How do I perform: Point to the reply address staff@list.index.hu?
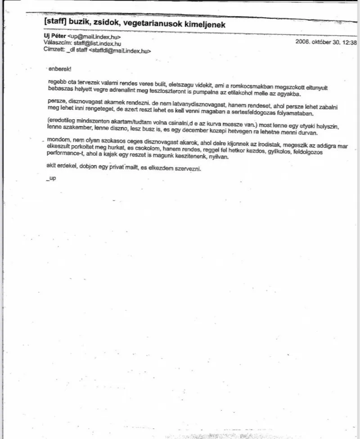98,44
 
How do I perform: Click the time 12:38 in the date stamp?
349,42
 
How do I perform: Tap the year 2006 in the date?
304,42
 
